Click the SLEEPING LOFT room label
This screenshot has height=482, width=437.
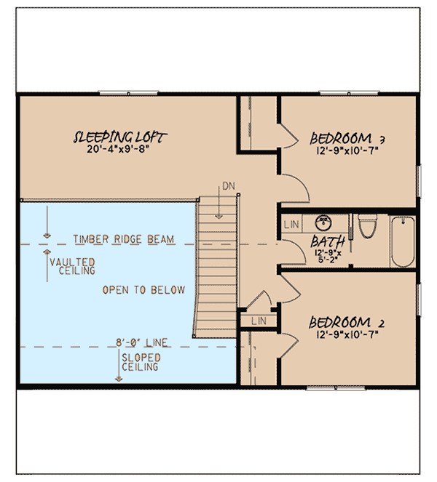pyautogui.click(x=120, y=136)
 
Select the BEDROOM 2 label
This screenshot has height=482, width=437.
pyautogui.click(x=346, y=322)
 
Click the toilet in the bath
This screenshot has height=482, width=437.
pyautogui.click(x=368, y=226)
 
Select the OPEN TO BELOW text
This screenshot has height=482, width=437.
pyautogui.click(x=143, y=289)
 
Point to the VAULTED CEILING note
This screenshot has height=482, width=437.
pyautogui.click(x=76, y=265)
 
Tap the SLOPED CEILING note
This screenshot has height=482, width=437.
pyautogui.click(x=141, y=363)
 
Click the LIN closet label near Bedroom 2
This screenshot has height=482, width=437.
pyautogui.click(x=259, y=320)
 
